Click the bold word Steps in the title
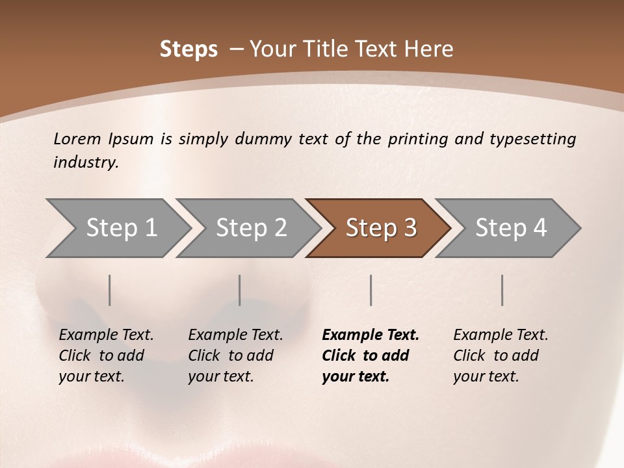coord(188,49)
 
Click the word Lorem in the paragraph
coord(77,138)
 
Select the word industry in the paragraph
coord(85,162)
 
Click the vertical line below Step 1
coord(110,290)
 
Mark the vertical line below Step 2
coord(240,290)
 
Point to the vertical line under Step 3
coord(371,290)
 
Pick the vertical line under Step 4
coord(502,290)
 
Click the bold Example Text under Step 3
coord(370,335)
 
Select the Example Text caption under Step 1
coord(106,335)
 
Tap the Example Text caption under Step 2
coord(235,335)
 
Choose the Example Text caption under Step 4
coord(500,335)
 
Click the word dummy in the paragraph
coord(263,139)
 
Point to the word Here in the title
coord(430,49)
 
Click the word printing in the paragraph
coord(418,139)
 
